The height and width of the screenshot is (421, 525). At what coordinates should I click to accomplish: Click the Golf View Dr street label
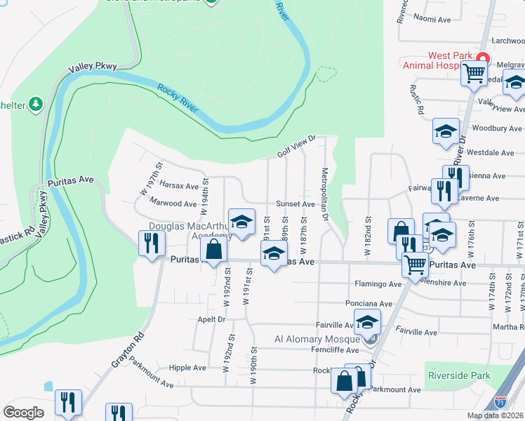(297, 146)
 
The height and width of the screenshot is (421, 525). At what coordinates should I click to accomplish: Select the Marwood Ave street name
(173, 203)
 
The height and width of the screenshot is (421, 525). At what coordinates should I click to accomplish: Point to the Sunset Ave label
(295, 204)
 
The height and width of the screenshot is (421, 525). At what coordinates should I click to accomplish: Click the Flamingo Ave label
(378, 284)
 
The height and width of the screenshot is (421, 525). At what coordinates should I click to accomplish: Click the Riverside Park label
(459, 376)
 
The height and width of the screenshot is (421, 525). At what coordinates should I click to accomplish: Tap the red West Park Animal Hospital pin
(482, 58)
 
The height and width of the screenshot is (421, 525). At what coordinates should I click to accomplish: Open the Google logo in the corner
(24, 412)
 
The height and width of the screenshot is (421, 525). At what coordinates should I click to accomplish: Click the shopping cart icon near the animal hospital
(474, 72)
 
